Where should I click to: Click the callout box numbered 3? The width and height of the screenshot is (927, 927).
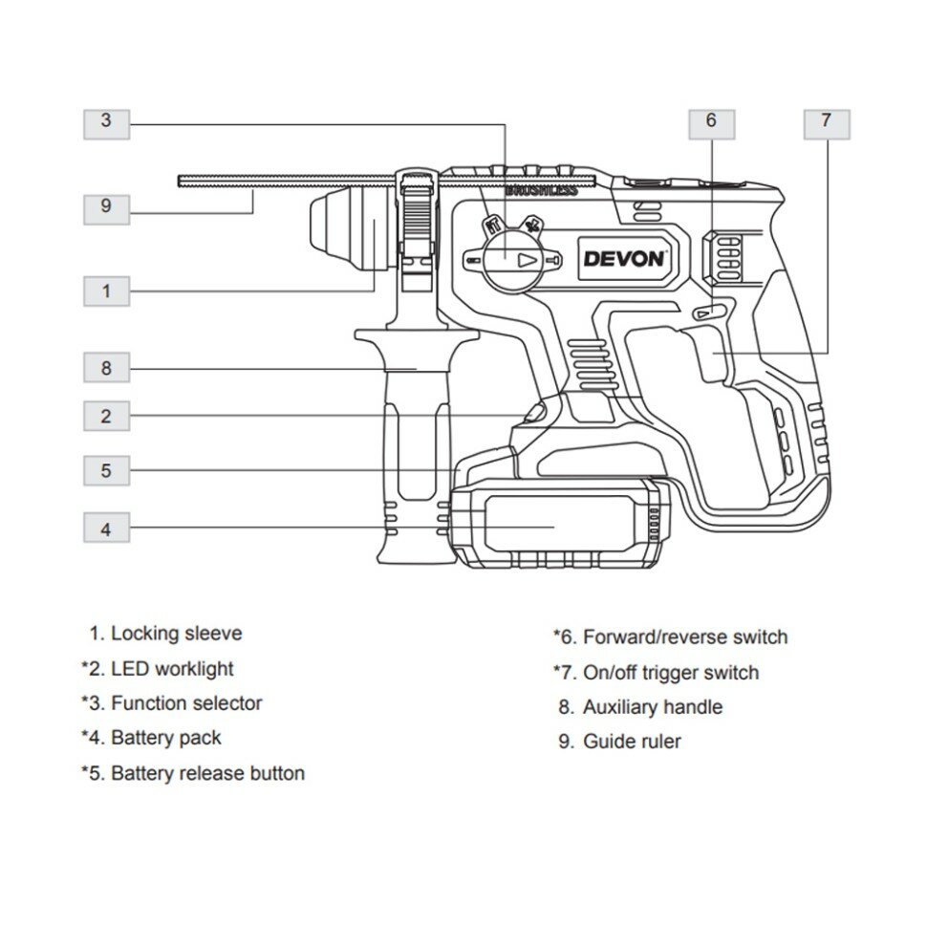[x=106, y=121]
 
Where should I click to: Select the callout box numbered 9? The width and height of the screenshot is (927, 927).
[x=106, y=205]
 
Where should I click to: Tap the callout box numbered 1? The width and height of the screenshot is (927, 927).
[x=106, y=291]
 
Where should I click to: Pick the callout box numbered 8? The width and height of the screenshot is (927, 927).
[x=106, y=368]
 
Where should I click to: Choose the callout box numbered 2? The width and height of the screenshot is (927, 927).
[x=106, y=416]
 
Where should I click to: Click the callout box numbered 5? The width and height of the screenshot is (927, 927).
[x=106, y=470]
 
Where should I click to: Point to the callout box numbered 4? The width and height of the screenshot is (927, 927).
[x=106, y=527]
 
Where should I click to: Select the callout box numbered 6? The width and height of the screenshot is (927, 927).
[x=711, y=121]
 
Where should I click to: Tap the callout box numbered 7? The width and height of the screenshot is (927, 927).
[x=826, y=121]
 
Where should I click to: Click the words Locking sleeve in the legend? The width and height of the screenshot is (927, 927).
[x=176, y=633]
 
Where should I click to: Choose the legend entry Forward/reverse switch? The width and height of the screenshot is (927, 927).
[x=685, y=636]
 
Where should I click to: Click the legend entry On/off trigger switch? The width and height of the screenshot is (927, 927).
[x=671, y=673]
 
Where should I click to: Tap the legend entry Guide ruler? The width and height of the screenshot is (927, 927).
[x=632, y=742]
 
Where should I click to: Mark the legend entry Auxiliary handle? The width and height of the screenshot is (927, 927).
[x=653, y=707]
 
